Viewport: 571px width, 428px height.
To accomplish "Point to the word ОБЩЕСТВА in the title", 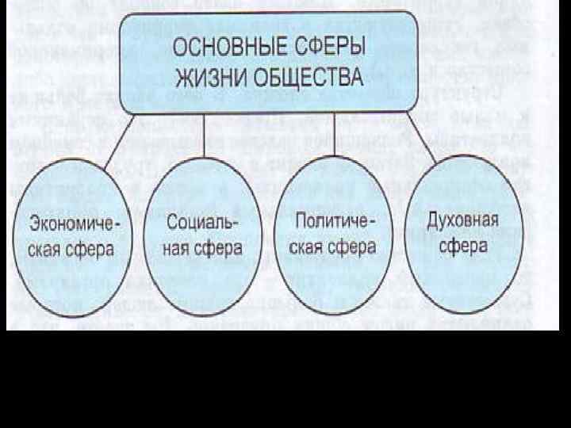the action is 313,78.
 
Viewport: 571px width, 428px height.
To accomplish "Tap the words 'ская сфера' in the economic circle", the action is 72,249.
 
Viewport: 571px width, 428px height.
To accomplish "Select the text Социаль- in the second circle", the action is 203,219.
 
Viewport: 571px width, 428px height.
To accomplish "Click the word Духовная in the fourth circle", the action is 462,219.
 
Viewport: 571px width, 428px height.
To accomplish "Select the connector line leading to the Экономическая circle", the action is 116,146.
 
